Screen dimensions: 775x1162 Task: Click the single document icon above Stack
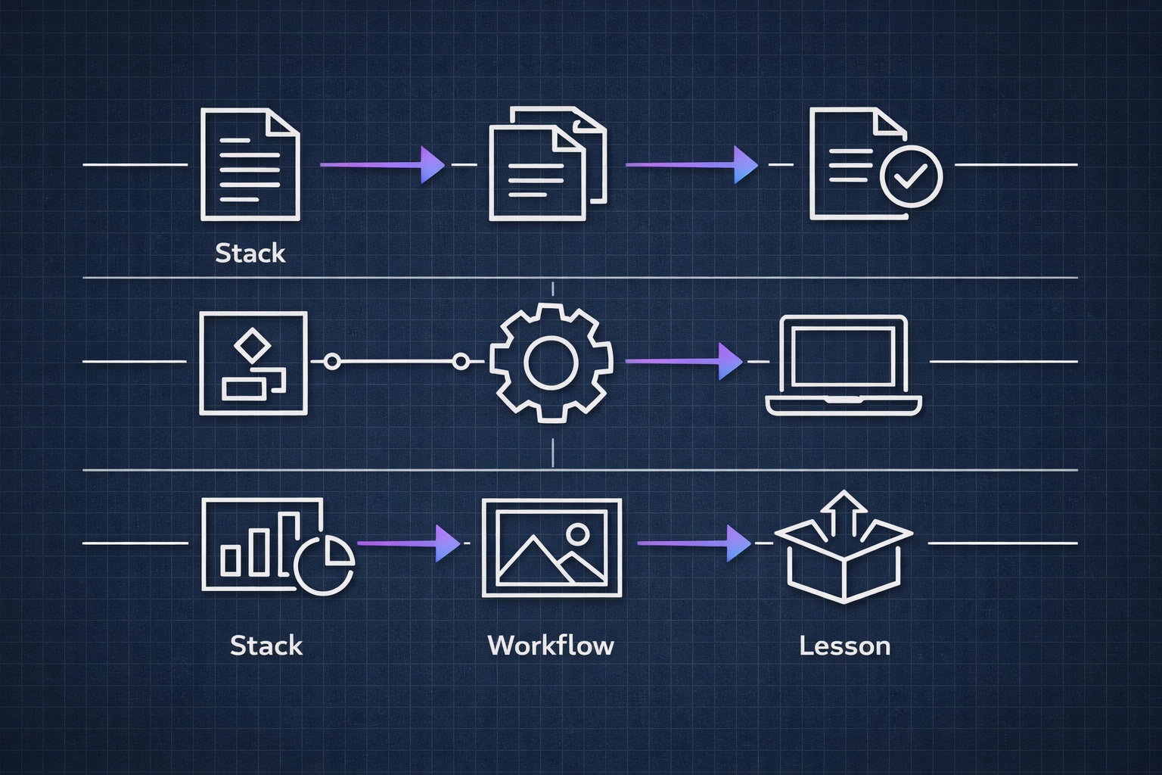click(250, 165)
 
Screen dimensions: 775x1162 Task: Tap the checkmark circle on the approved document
click(912, 176)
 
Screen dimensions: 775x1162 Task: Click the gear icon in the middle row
click(551, 362)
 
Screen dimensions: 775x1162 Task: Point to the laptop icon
click(844, 365)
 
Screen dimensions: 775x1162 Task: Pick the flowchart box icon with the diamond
click(253, 363)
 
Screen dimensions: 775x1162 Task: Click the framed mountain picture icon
click(551, 547)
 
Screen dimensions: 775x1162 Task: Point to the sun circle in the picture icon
click(577, 534)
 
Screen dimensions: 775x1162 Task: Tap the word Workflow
click(551, 646)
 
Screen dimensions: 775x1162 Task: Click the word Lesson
click(844, 646)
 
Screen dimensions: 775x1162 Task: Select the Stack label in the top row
click(250, 253)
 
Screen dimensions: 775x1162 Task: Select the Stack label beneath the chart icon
click(266, 646)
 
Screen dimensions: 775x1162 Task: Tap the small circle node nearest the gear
click(461, 362)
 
